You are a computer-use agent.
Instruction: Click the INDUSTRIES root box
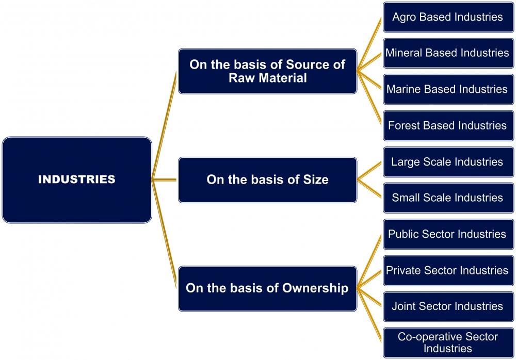77,179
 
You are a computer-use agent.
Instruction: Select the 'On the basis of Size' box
267,179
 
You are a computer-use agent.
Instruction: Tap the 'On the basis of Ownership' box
267,288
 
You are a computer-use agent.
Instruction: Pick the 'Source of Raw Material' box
267,71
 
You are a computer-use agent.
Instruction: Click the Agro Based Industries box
447,17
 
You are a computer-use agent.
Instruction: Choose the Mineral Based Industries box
447,53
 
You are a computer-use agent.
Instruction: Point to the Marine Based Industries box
447,89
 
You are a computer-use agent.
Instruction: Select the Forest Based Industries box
447,125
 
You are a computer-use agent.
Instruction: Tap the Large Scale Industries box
447,161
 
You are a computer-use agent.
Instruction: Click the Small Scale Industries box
447,198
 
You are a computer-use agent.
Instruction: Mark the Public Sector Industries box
447,234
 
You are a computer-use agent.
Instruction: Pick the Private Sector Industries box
447,270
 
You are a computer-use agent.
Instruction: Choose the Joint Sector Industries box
447,306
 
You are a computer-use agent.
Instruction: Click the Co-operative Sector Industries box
447,342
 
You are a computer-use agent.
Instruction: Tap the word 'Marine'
404,89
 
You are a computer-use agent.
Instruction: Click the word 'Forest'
404,125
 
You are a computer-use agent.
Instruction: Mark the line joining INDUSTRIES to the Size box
165,179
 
